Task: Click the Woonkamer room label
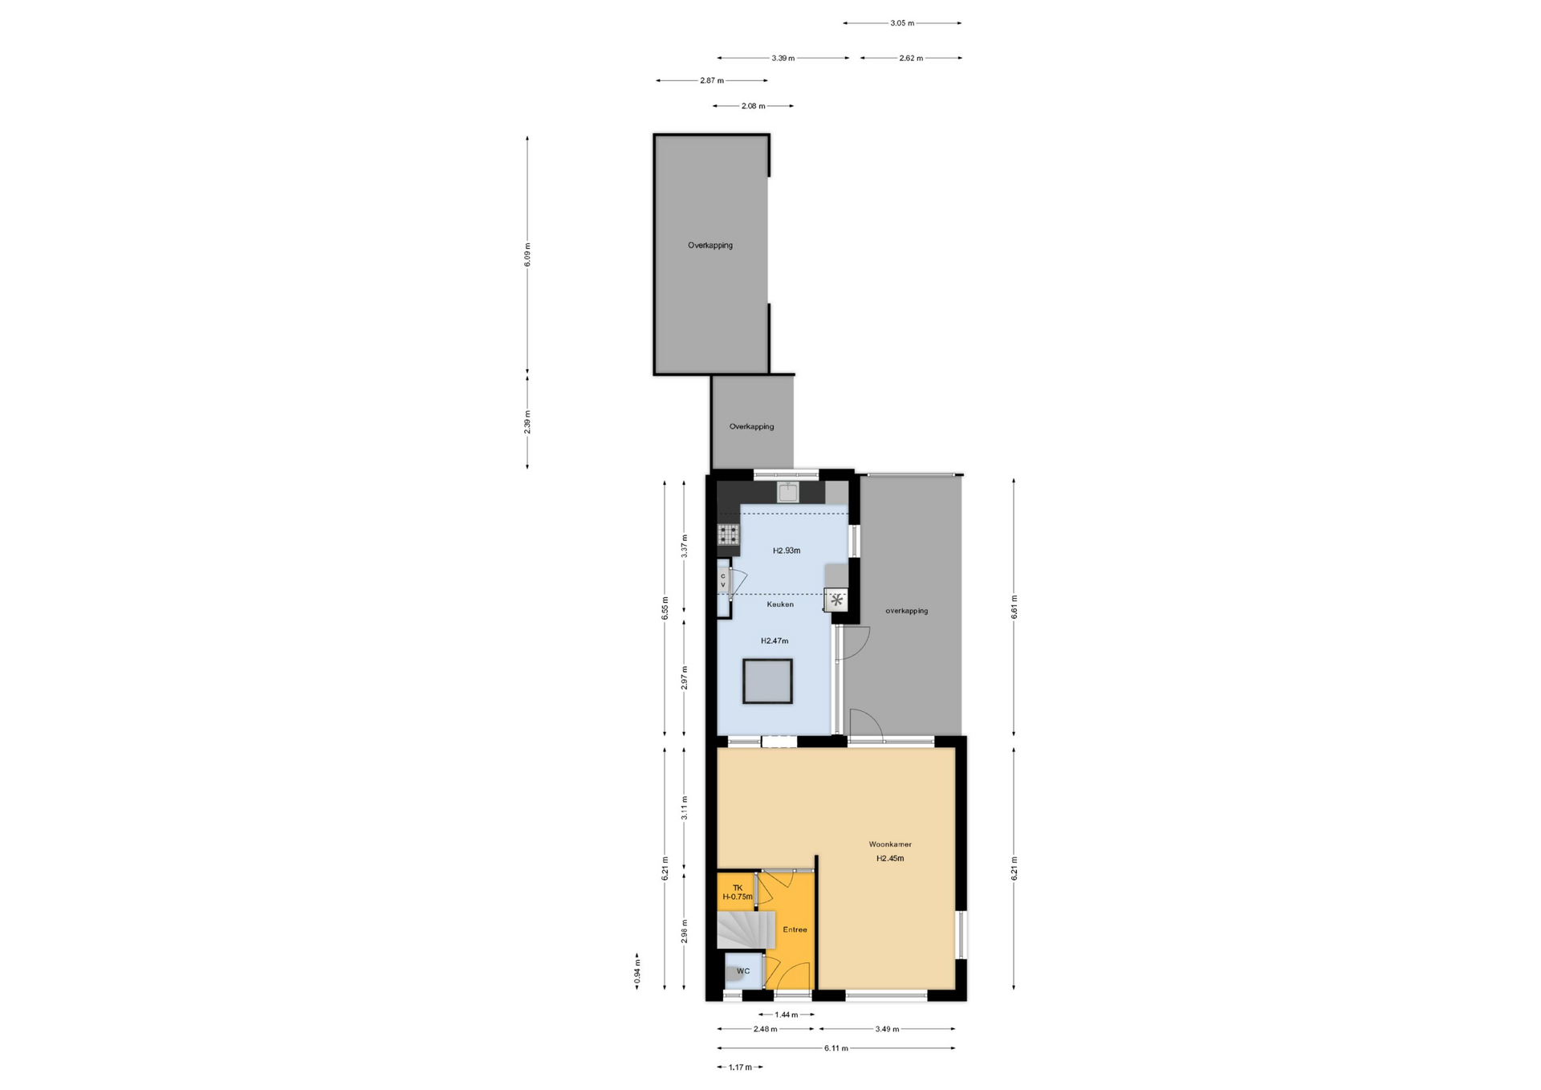(x=890, y=844)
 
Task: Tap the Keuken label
(x=780, y=604)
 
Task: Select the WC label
(x=743, y=971)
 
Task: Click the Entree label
(x=795, y=929)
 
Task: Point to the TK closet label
(x=738, y=888)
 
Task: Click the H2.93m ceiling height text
(x=787, y=551)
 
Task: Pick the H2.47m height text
(x=775, y=641)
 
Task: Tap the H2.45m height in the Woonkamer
(x=890, y=858)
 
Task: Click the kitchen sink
(x=788, y=492)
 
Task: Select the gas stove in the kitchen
(x=728, y=534)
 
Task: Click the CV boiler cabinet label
(x=722, y=580)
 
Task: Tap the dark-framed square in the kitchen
(x=767, y=681)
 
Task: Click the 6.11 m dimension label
(x=836, y=1048)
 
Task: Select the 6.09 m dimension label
(x=527, y=254)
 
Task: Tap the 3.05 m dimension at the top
(x=902, y=23)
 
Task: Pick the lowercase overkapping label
(x=907, y=611)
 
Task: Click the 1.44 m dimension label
(x=787, y=1015)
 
